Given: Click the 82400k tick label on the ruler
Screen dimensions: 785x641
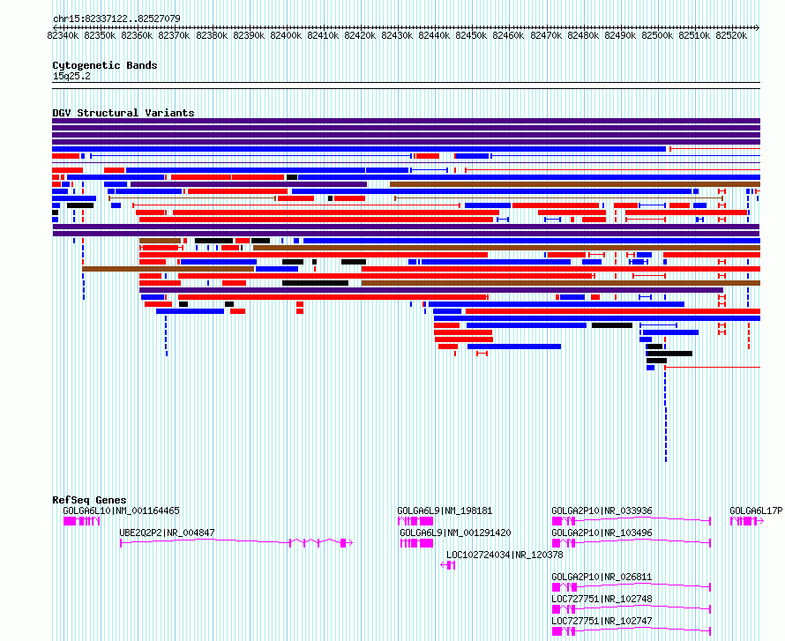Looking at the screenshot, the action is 286,36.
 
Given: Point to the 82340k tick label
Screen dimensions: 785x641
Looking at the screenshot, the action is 64,36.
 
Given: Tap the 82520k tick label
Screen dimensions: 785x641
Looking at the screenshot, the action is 731,36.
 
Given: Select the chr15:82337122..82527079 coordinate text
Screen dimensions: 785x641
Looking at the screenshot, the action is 116,19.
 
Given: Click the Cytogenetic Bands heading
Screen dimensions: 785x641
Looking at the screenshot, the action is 105,65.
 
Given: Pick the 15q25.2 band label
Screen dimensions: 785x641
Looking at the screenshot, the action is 71,76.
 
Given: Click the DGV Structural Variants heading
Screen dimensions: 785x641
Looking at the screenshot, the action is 123,113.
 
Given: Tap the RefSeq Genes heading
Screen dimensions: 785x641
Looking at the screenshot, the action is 89,501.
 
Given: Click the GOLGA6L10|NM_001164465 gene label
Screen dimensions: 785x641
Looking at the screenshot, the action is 121,511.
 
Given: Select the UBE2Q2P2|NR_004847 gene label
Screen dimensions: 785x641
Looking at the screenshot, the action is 167,533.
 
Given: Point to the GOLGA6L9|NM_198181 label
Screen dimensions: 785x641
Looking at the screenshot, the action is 445,511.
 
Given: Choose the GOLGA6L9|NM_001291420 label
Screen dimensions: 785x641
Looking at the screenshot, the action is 455,533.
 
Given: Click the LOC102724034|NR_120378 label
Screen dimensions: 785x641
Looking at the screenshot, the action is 505,555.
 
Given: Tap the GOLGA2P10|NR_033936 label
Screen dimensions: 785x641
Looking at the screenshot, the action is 602,511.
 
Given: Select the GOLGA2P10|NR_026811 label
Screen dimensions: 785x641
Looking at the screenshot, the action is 602,577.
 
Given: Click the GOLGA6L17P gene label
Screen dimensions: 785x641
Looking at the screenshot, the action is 756,511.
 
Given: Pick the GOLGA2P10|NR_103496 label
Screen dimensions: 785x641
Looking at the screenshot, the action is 602,533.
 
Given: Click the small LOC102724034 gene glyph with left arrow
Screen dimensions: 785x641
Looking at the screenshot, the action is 447,565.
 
